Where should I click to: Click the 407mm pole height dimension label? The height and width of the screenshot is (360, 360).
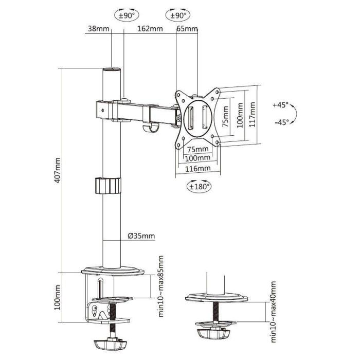click(x=58, y=171)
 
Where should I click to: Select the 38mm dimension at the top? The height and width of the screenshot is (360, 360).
click(x=98, y=29)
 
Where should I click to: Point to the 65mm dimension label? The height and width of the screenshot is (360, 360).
click(x=187, y=29)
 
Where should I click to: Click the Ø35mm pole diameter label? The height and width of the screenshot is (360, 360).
click(x=141, y=236)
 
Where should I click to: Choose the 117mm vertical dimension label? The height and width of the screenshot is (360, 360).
click(x=253, y=116)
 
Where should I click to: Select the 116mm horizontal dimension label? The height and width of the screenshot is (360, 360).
click(x=197, y=168)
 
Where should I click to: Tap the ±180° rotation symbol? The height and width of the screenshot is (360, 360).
click(x=199, y=187)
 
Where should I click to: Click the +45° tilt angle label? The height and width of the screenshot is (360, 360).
click(x=281, y=105)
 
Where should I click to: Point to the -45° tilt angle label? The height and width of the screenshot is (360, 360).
click(x=281, y=122)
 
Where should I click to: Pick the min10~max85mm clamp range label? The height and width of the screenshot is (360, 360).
click(x=161, y=286)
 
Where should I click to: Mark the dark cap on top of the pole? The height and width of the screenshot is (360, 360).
click(x=112, y=69)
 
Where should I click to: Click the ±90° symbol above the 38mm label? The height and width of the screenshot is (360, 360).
click(x=127, y=15)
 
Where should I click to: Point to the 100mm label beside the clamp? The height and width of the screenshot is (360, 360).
click(x=58, y=298)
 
